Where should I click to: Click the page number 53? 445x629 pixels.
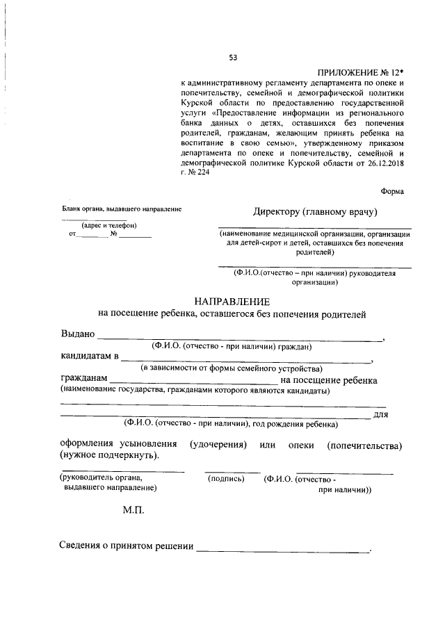[x=233, y=58]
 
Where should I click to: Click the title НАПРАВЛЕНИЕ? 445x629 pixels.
[x=231, y=302]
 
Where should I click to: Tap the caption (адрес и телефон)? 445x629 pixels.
[x=108, y=225]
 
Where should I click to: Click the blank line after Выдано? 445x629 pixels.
[x=240, y=338]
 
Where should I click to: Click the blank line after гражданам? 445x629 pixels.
[x=193, y=382]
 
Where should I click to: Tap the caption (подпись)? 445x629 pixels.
[x=227, y=479]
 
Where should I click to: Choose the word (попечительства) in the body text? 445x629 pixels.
[x=364, y=444]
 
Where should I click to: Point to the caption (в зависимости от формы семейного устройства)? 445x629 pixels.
[x=230, y=368]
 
